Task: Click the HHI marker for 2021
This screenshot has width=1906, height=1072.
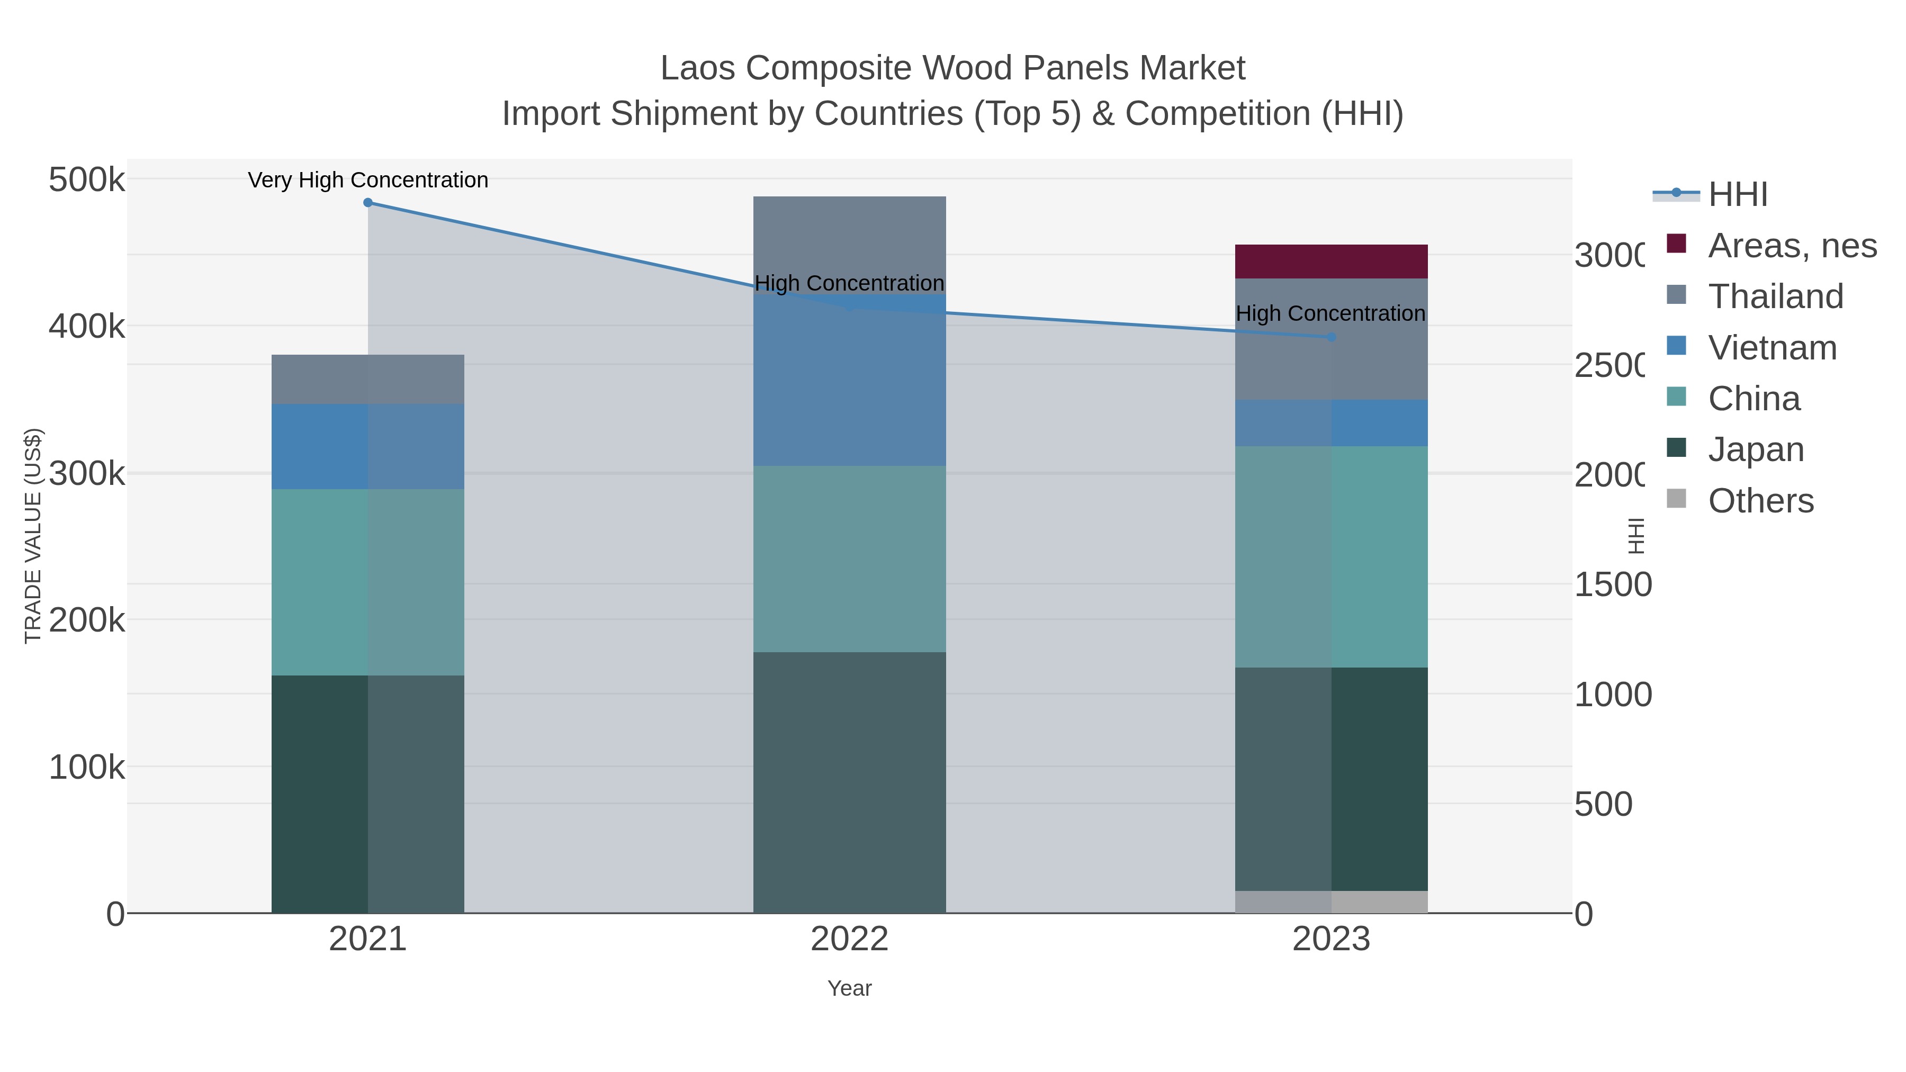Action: (368, 203)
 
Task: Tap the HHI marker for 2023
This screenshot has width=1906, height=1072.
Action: (1331, 337)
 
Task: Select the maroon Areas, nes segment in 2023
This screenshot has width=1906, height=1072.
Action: (1331, 261)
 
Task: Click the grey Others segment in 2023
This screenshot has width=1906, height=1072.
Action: (1331, 902)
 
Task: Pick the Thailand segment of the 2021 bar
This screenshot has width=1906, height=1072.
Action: (368, 380)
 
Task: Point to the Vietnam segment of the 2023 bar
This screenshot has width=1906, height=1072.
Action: (1331, 423)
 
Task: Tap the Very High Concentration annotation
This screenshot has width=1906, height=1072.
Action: (368, 181)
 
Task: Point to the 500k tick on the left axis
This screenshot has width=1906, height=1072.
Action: (87, 180)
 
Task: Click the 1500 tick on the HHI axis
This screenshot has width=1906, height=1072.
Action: (1612, 585)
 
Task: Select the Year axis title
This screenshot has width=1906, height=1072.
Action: (849, 988)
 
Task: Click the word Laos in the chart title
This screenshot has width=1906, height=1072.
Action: (696, 69)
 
